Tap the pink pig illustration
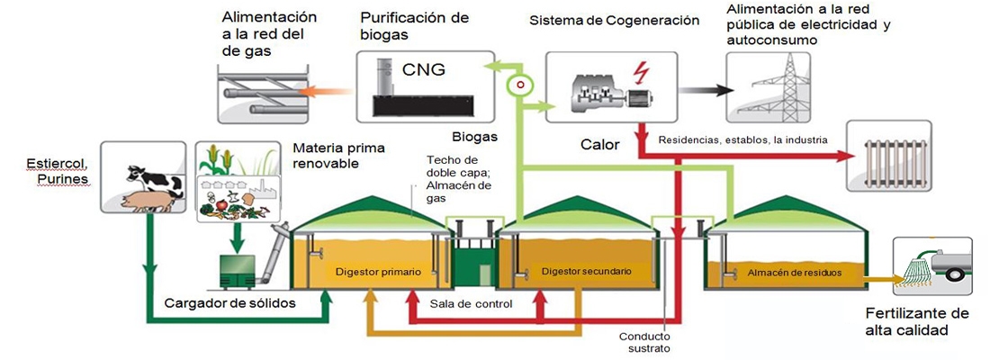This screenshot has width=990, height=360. (144, 198)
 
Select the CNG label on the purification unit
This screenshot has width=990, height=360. (424, 70)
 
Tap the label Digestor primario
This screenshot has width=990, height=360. (371, 270)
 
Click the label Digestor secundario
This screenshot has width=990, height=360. (586, 270)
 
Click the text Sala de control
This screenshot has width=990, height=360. (471, 303)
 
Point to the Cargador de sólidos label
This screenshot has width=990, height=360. (243, 302)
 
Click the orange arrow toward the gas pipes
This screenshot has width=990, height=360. (323, 90)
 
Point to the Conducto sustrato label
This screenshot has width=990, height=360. (644, 342)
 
